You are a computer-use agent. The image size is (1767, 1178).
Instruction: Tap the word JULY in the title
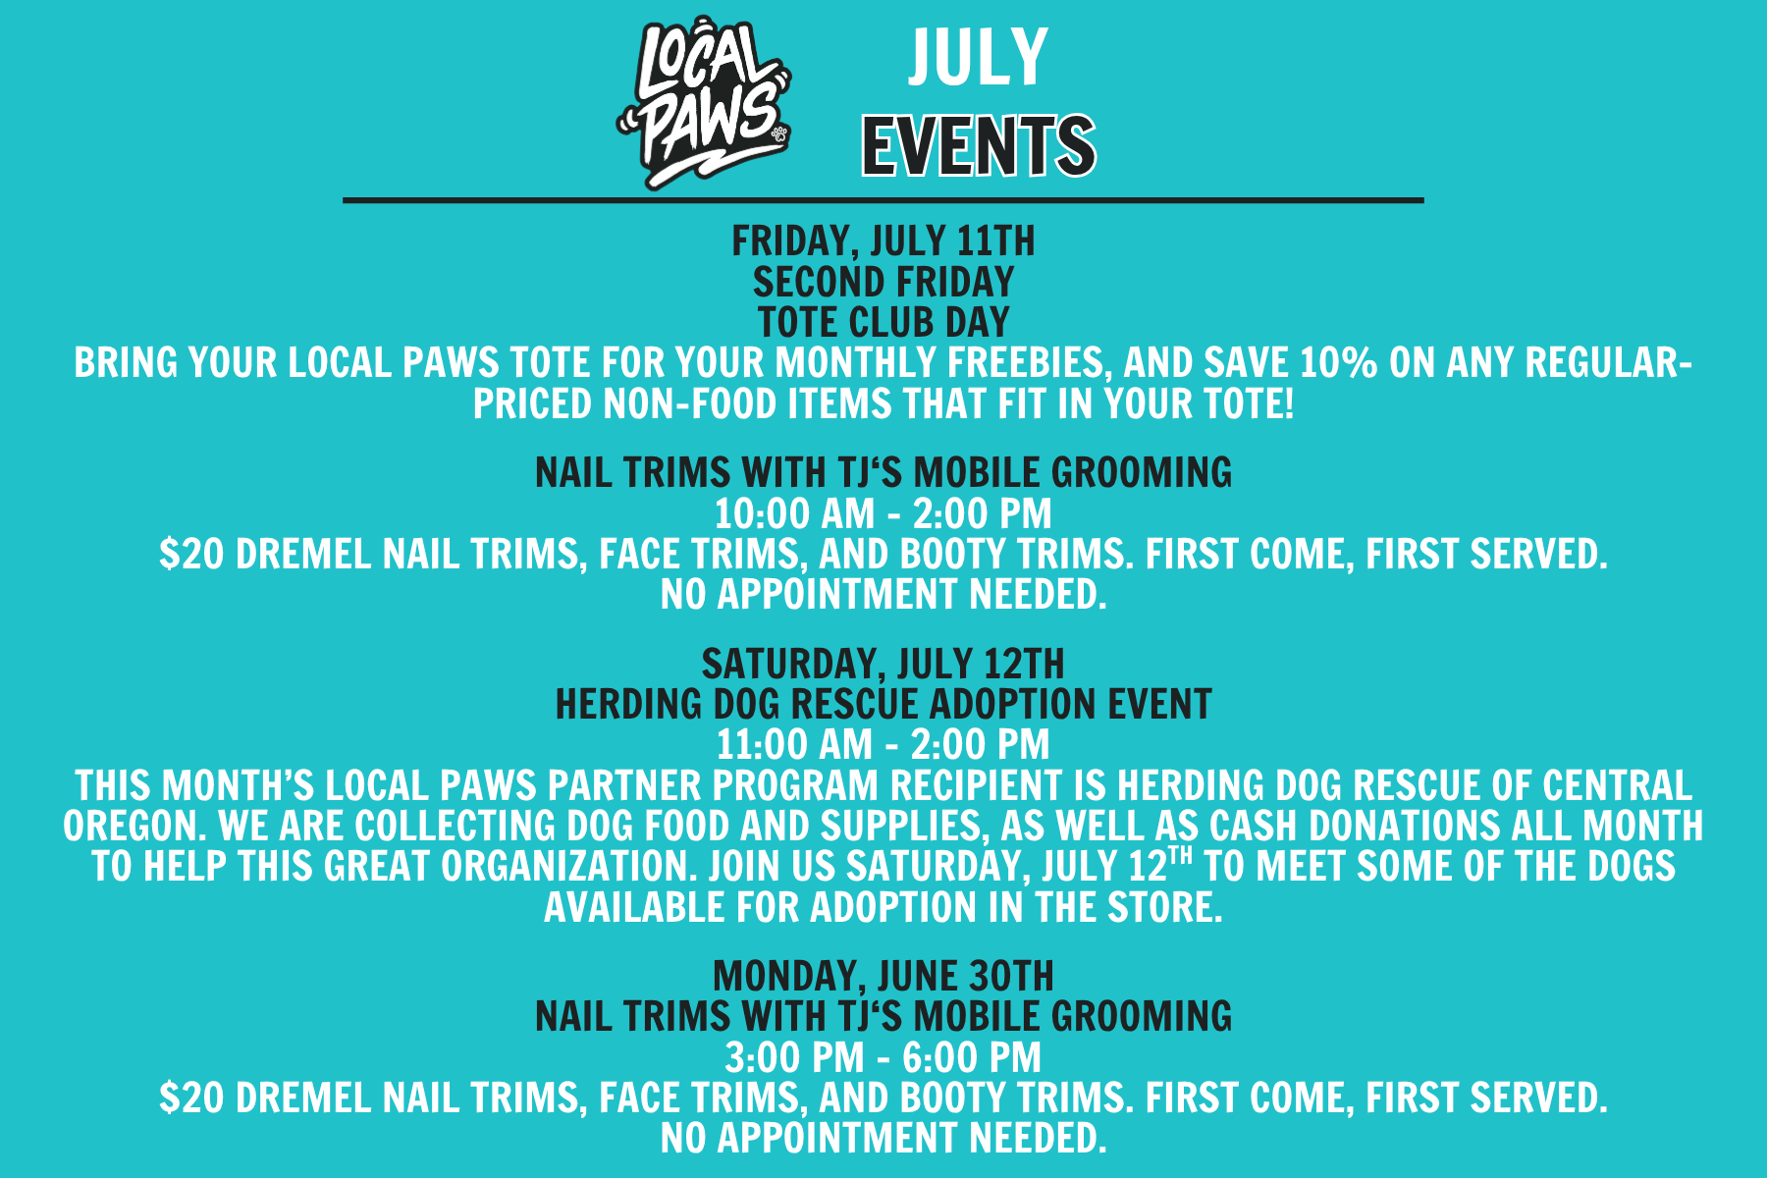coord(979,58)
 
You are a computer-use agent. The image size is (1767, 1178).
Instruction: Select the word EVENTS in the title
coord(979,145)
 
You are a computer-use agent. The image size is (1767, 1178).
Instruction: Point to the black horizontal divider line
coord(883,200)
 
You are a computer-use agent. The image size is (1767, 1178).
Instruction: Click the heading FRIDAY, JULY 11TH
coord(883,241)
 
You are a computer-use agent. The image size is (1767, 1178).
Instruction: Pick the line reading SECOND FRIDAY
coord(883,283)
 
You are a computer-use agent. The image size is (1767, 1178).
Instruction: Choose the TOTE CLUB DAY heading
coord(883,323)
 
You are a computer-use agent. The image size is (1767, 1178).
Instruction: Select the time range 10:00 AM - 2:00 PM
coord(883,513)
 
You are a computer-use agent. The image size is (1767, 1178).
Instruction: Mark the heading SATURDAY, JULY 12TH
coord(883,665)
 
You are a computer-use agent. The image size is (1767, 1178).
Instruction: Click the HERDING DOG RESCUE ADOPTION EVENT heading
coord(883,705)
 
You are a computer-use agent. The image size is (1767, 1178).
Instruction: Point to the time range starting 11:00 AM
coord(883,745)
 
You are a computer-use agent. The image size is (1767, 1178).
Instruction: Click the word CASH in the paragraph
coord(1252,827)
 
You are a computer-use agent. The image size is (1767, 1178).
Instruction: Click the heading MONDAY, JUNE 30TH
coord(883,977)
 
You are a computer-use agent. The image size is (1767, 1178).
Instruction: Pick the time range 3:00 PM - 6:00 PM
coord(883,1058)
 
